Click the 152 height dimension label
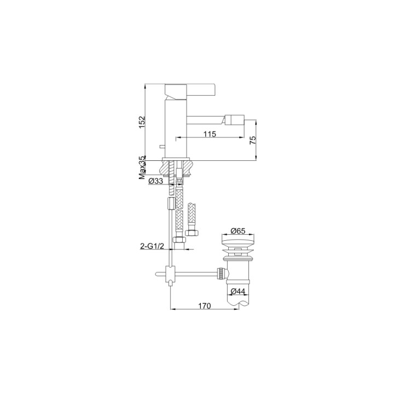(x=142, y=122)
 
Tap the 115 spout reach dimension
(x=210, y=134)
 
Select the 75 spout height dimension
(x=253, y=140)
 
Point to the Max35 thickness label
(x=142, y=167)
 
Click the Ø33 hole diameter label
(x=155, y=181)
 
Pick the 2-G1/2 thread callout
(x=152, y=246)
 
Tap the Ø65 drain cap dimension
(x=237, y=230)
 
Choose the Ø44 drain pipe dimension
(x=237, y=291)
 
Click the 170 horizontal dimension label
(x=205, y=306)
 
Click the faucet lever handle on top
(x=190, y=91)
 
